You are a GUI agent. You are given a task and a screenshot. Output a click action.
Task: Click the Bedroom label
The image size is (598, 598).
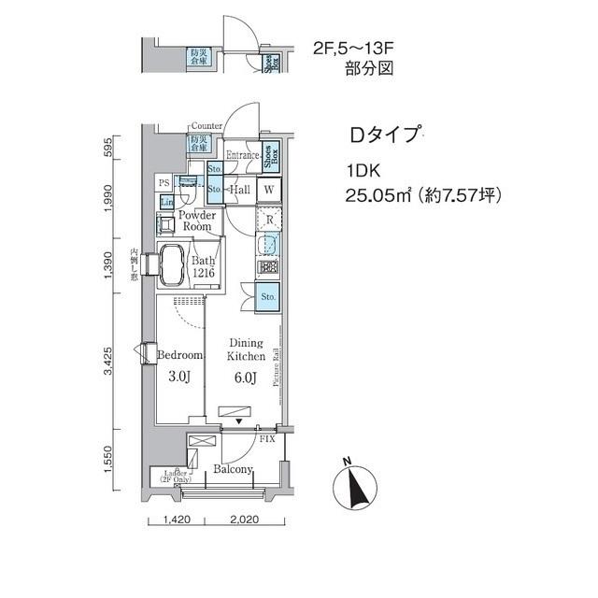point(179,356)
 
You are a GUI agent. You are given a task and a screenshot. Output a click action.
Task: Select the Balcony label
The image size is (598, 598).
point(233,469)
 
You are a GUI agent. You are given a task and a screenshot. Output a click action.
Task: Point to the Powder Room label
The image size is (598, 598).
point(197,221)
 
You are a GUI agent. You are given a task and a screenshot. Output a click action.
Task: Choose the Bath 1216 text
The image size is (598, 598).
point(204,267)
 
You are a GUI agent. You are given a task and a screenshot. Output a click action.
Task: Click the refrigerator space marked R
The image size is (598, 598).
point(268,221)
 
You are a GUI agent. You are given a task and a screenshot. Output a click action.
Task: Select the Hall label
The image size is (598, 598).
point(238,191)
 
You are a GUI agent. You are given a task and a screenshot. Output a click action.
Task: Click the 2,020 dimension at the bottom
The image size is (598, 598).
point(242,520)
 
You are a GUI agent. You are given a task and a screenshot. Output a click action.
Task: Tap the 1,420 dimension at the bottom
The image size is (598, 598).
point(178,520)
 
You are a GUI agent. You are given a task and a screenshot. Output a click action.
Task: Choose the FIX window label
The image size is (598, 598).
point(267,438)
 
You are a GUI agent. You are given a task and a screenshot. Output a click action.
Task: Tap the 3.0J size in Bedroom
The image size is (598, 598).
point(179,378)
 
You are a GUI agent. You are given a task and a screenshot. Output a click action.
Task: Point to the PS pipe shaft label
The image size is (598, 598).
point(164,183)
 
